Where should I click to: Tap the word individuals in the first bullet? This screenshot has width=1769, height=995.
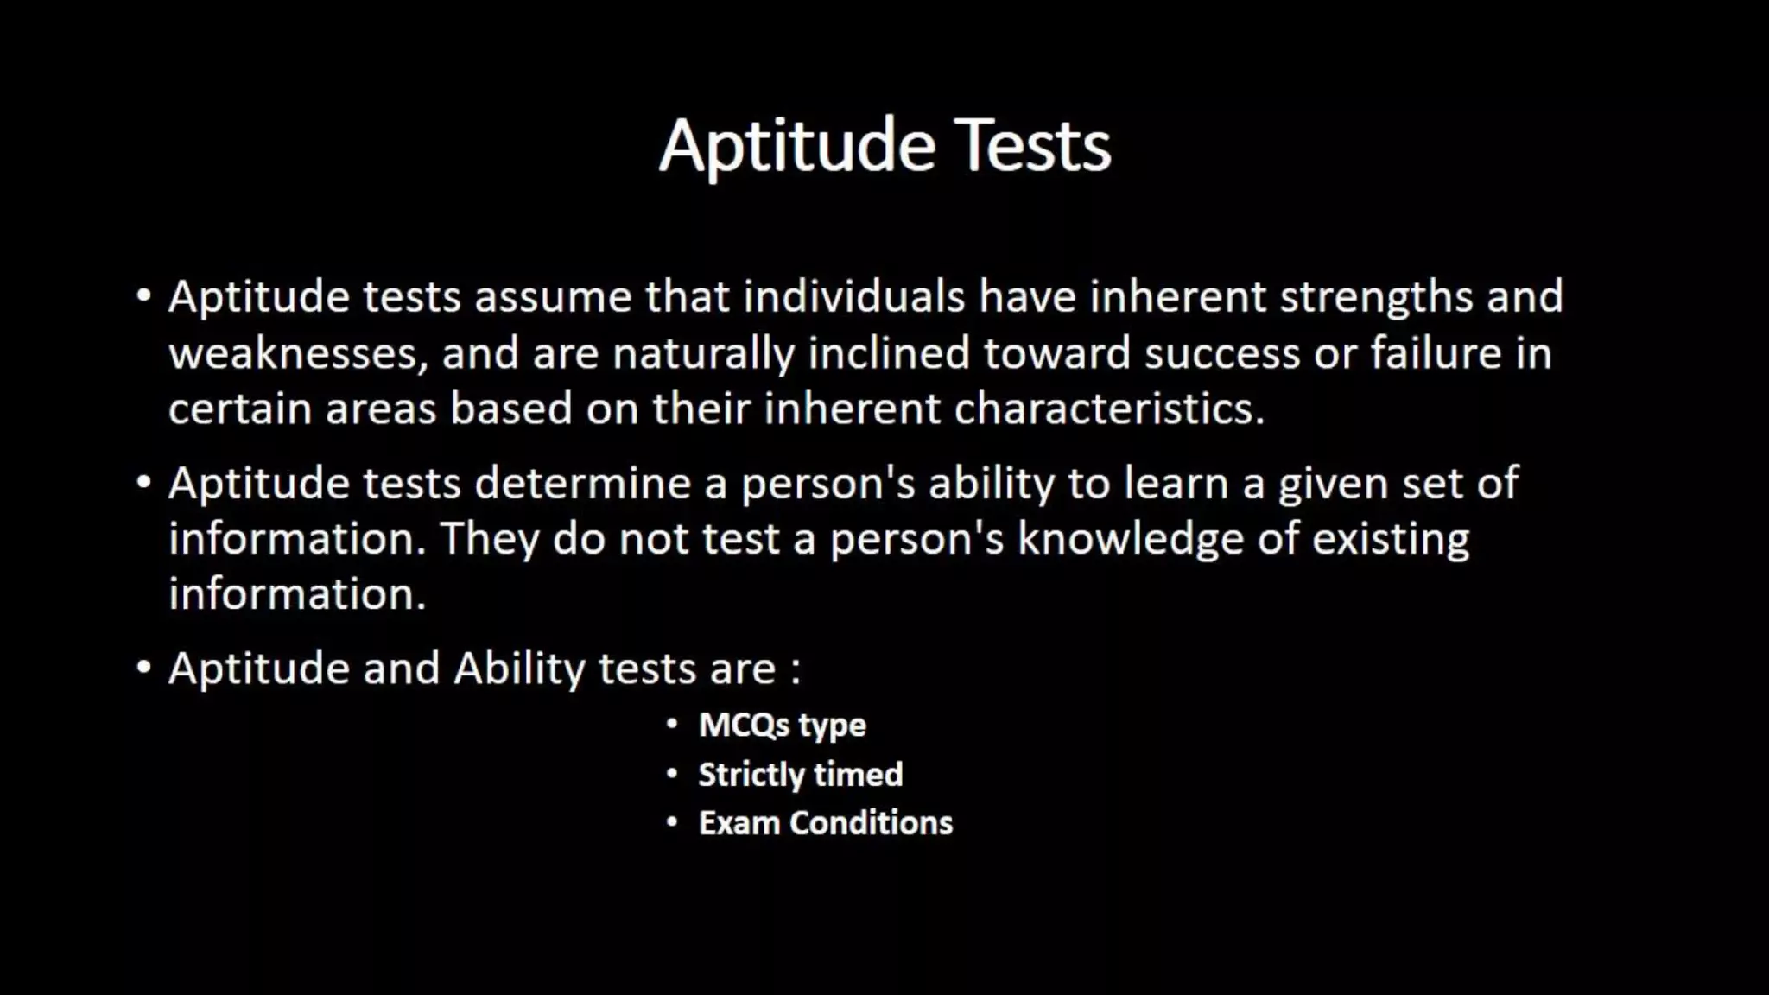[853, 297]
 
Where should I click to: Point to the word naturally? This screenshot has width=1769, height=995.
[702, 354]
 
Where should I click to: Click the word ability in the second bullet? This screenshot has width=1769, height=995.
[991, 484]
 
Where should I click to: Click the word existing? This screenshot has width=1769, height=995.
[1390, 540]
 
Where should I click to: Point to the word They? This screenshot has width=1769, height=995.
[489, 540]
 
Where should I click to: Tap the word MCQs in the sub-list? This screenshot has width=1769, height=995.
[743, 726]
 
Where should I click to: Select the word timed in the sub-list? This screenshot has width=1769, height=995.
[857, 775]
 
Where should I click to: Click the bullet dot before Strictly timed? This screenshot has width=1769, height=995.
[672, 774]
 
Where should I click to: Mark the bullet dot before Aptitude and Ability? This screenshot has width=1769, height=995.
[144, 668]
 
